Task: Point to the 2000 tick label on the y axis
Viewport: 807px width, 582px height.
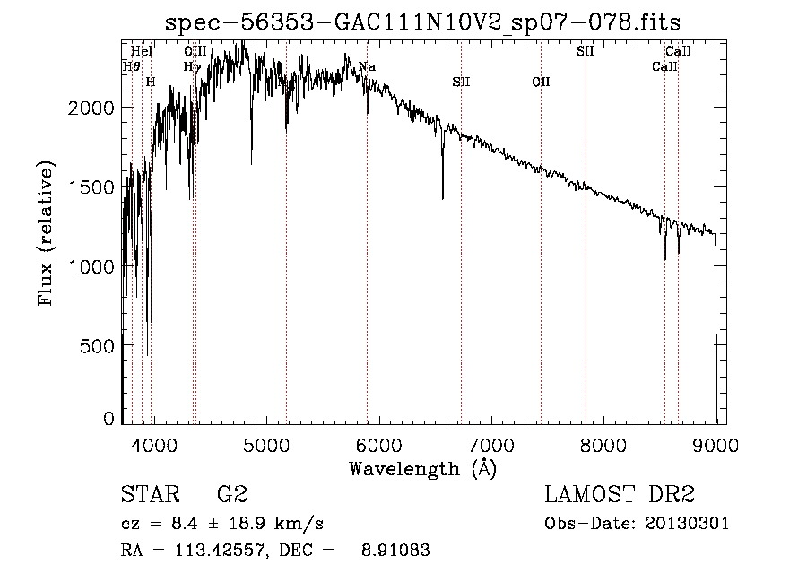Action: [91, 108]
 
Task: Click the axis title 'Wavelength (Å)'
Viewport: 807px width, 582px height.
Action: [422, 469]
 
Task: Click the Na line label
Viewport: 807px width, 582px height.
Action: [367, 67]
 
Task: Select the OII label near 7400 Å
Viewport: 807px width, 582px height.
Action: [541, 82]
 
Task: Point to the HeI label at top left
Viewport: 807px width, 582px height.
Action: [142, 51]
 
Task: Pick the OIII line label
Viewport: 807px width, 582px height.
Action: [195, 51]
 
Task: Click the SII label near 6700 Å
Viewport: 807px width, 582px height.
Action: [461, 82]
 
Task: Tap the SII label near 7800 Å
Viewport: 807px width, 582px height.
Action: [586, 51]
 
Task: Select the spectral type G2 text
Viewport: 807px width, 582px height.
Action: [232, 494]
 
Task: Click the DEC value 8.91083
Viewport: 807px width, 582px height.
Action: [395, 551]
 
